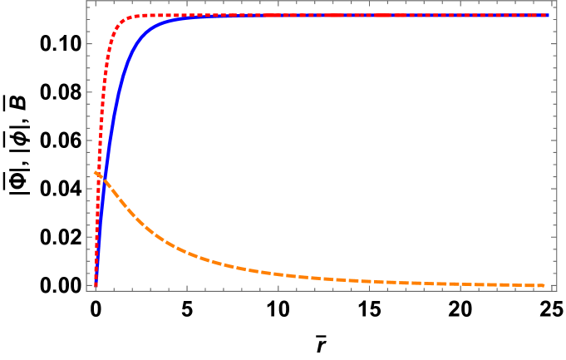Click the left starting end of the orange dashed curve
point(95,172)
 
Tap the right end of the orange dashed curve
point(545,285)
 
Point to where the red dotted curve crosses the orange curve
point(99,175)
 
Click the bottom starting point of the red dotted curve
point(96,286)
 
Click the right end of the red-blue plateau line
point(548,15)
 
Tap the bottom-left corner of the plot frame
point(86,290)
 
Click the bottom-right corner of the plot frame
point(556,290)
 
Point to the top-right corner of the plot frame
point(556,1)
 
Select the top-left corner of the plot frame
point(86,1)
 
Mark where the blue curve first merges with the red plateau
point(208,16)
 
